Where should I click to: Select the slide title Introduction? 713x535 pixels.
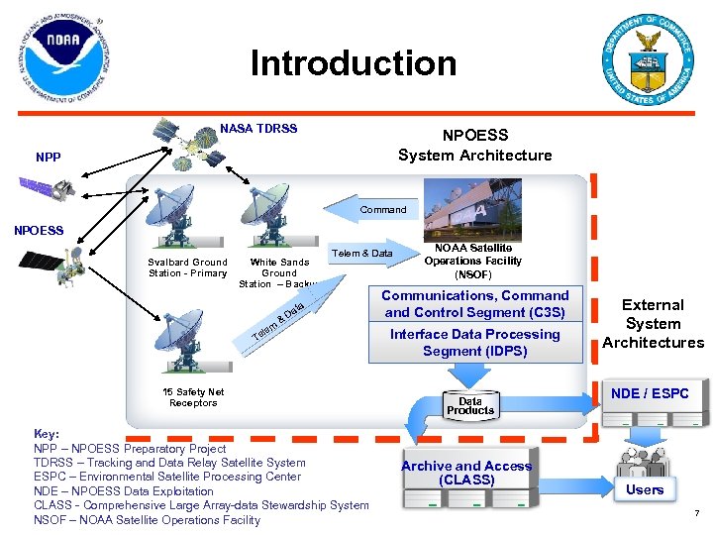click(354, 63)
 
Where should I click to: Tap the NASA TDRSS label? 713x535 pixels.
click(258, 129)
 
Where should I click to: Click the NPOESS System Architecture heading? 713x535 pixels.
click(474, 145)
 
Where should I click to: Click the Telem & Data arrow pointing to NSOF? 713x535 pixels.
click(368, 254)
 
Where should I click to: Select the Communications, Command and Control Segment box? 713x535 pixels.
click(474, 304)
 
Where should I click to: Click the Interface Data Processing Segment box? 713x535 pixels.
click(474, 343)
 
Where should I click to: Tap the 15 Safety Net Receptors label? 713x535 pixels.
click(193, 397)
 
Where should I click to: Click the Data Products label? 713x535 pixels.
click(469, 406)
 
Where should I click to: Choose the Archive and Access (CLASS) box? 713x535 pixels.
click(466, 473)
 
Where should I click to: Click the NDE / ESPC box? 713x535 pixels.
click(650, 393)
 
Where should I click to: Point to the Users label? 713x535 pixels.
click(645, 489)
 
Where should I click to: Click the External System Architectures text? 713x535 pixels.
click(653, 324)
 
